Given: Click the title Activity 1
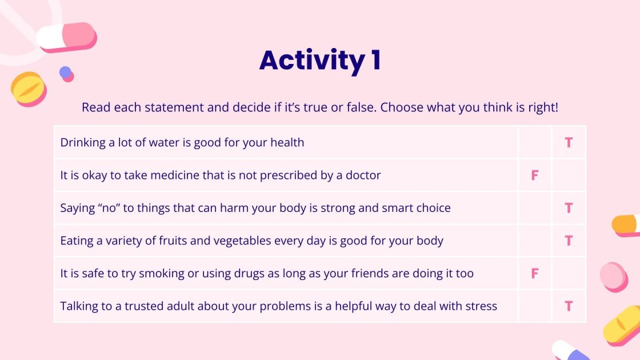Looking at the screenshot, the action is pyautogui.click(x=321, y=61).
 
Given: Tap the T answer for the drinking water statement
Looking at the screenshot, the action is pyautogui.click(x=569, y=142).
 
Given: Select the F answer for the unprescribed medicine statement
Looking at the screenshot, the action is pyautogui.click(x=535, y=175).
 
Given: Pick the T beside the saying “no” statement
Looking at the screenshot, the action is pyautogui.click(x=569, y=208).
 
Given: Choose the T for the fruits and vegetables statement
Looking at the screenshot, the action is pyautogui.click(x=569, y=241).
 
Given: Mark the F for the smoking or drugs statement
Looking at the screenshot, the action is pyautogui.click(x=535, y=274).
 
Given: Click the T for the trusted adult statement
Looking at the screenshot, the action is pyautogui.click(x=569, y=306).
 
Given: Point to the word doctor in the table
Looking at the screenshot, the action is pyautogui.click(x=363, y=175).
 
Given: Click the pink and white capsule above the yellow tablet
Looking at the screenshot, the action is pyautogui.click(x=66, y=37).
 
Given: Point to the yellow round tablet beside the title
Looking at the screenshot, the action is pyautogui.click(x=29, y=89).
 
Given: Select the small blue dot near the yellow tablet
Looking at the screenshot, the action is pyautogui.click(x=65, y=73).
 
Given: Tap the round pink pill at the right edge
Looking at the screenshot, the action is pyautogui.click(x=614, y=277).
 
